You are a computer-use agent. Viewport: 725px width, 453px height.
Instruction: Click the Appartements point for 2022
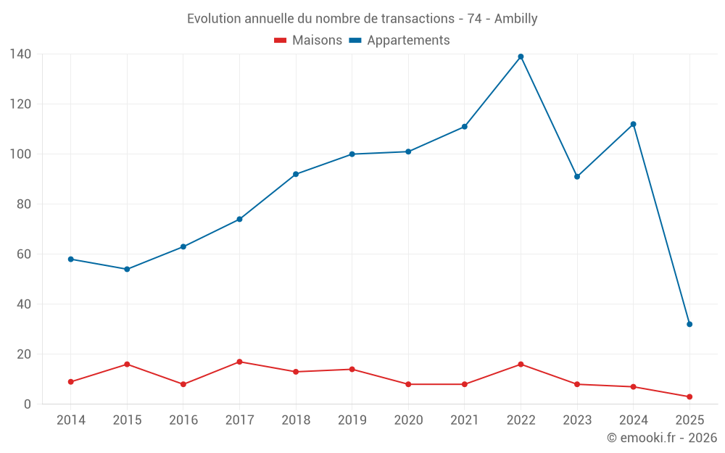[x=521, y=57]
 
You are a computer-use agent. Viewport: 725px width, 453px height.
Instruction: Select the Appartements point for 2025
[x=689, y=324]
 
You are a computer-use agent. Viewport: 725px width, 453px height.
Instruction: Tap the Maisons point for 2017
[x=239, y=362]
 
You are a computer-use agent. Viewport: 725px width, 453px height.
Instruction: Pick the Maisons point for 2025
[x=689, y=396]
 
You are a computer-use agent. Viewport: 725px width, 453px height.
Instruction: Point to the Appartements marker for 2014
[x=70, y=259]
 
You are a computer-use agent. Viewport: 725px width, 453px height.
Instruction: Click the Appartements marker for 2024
[x=633, y=124]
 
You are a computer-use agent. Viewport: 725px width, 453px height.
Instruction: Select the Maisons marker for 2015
[x=127, y=364]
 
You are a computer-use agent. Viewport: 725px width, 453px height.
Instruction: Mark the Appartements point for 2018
[x=296, y=174]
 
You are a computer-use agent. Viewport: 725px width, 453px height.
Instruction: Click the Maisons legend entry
[x=307, y=41]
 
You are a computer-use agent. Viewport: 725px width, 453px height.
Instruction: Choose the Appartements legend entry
[x=399, y=41]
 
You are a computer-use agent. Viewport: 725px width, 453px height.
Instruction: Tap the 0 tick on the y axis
[x=28, y=404]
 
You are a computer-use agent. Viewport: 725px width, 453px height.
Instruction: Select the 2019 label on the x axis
[x=352, y=420]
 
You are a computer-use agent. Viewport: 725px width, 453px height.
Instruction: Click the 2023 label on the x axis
[x=577, y=420]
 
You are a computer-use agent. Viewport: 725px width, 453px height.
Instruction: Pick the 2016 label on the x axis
[x=183, y=420]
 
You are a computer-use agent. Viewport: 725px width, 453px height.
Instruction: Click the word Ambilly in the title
[x=515, y=19]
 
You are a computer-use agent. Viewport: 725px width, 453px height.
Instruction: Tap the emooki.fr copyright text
[x=661, y=438]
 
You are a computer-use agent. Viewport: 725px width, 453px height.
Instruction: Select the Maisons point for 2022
[x=521, y=364]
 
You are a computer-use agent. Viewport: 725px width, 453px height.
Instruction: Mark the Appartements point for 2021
[x=464, y=127]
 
